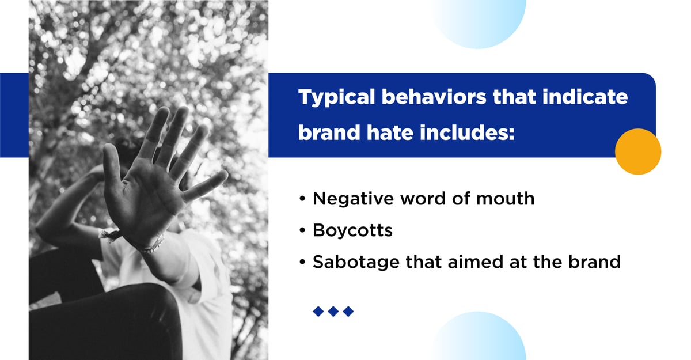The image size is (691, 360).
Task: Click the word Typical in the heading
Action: (x=333, y=97)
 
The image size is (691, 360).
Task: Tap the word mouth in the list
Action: (x=506, y=199)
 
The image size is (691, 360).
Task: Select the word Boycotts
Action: (x=352, y=230)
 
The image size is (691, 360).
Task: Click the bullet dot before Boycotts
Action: (x=303, y=231)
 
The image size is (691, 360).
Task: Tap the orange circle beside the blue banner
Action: (x=637, y=151)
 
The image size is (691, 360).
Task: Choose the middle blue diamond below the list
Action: (x=333, y=312)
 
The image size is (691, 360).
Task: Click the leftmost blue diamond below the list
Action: (x=318, y=312)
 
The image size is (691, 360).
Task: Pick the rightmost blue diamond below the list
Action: (x=348, y=312)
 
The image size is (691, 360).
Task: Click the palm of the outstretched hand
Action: (x=144, y=196)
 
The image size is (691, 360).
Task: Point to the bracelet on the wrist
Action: (x=151, y=245)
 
